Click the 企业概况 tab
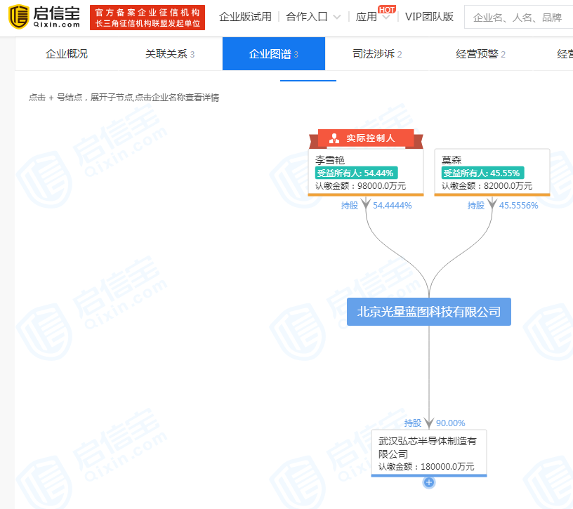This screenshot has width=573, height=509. pyautogui.click(x=67, y=54)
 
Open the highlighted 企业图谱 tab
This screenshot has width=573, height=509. pyautogui.click(x=273, y=54)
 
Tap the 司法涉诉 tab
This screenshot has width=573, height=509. pyautogui.click(x=377, y=54)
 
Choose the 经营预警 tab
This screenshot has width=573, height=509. pyautogui.click(x=480, y=54)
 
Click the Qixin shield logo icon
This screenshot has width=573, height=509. pyautogui.click(x=19, y=17)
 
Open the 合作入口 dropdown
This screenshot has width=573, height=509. pyautogui.click(x=313, y=17)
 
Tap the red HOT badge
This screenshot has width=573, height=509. pyautogui.click(x=386, y=8)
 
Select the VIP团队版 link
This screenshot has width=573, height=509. pyautogui.click(x=429, y=17)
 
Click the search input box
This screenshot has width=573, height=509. pyautogui.click(x=520, y=18)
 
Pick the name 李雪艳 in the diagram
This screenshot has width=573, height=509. pyautogui.click(x=330, y=160)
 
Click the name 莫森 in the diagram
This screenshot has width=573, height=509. pyautogui.click(x=452, y=160)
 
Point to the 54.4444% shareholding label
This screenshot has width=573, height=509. pyautogui.click(x=392, y=206)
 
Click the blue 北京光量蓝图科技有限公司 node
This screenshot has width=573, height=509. pyautogui.click(x=429, y=312)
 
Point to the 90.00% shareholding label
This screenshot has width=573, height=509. pyautogui.click(x=450, y=423)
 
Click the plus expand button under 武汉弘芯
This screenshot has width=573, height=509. pyautogui.click(x=429, y=482)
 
